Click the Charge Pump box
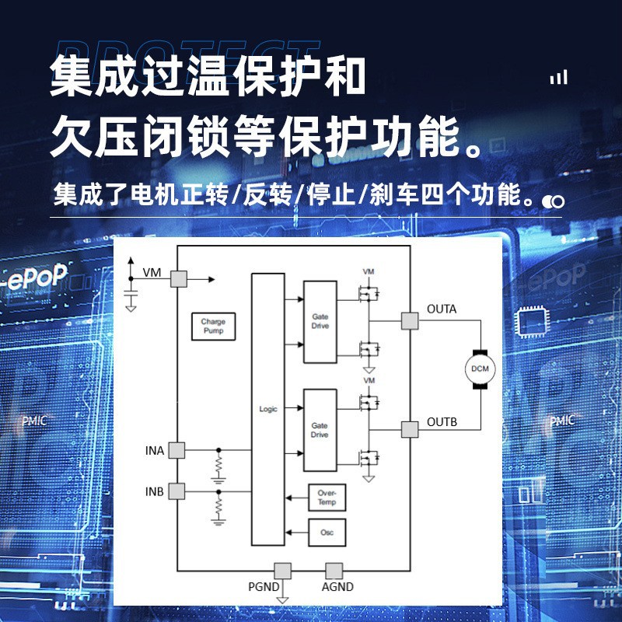tap(213, 327)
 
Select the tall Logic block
tap(267, 409)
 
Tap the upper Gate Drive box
tap(320, 322)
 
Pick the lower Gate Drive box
tap(320, 431)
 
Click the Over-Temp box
tap(327, 498)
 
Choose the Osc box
tap(327, 533)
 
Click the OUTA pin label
tap(442, 309)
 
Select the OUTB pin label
tap(442, 422)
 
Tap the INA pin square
tap(177, 450)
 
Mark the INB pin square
tap(177, 491)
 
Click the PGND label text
tap(263, 587)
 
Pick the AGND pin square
tap(334, 570)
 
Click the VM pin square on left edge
tap(178, 278)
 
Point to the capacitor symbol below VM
tap(131, 295)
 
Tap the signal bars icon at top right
tap(558, 77)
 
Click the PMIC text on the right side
tap(562, 421)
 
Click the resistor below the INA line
tap(218, 466)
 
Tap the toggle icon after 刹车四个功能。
tap(554, 201)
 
